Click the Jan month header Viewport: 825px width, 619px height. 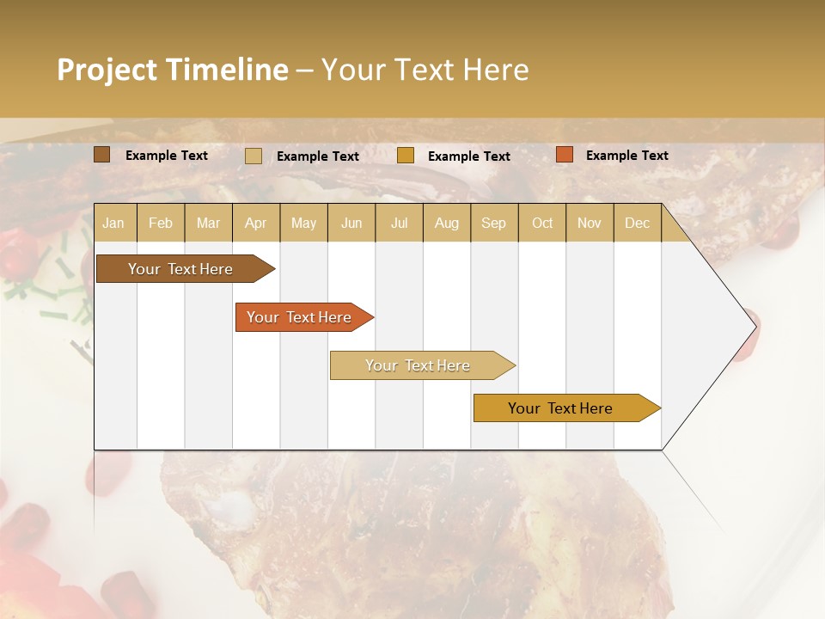click(114, 223)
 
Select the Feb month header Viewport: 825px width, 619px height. click(161, 223)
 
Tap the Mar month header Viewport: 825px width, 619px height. click(208, 223)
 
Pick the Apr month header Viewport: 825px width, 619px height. click(256, 223)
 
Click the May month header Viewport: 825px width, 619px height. click(303, 223)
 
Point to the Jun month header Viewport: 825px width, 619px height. click(351, 223)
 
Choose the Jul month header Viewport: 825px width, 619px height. click(399, 223)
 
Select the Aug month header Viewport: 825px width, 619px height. click(447, 223)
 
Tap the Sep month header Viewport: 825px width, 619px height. click(494, 223)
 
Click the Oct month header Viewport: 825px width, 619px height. click(542, 223)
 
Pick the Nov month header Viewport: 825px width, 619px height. click(590, 223)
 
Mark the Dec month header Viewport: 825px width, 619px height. click(638, 223)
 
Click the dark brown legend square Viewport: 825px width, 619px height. click(102, 155)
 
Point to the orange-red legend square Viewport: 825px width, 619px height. click(564, 155)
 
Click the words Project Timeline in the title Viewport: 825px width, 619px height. click(173, 70)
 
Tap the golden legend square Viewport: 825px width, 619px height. click(406, 156)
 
